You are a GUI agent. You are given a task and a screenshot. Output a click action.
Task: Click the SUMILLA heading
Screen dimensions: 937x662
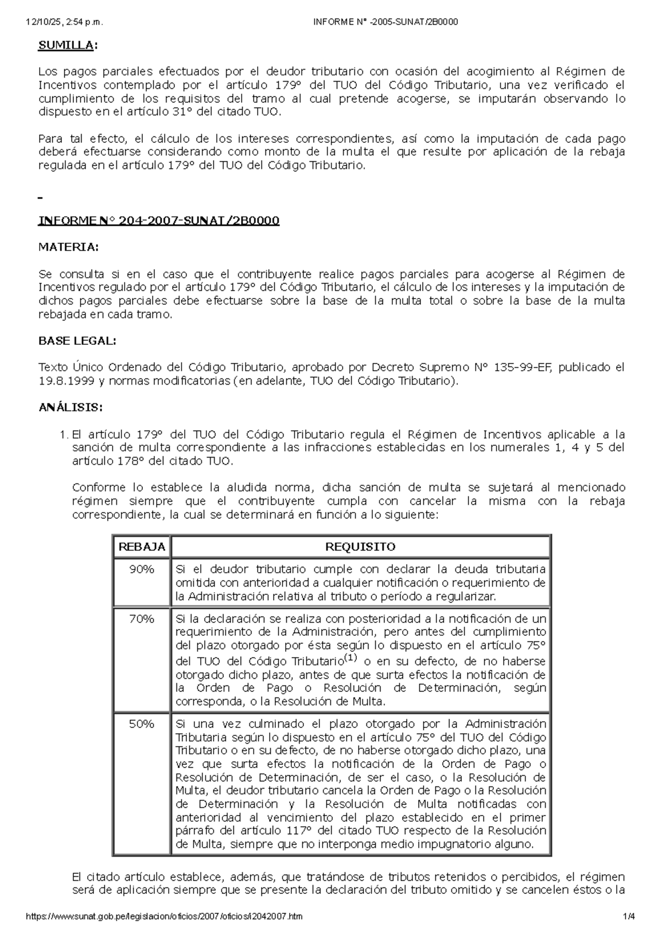click(66, 46)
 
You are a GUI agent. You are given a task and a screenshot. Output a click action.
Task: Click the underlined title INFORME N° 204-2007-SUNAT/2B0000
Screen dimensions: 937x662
click(158, 221)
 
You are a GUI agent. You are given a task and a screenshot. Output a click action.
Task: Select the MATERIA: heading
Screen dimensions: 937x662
click(68, 247)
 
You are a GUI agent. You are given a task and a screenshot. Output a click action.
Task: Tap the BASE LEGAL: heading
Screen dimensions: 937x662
click(77, 341)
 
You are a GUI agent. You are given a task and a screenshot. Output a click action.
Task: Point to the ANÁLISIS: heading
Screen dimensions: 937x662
click(70, 408)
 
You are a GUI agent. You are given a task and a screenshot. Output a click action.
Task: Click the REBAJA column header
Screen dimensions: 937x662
click(142, 547)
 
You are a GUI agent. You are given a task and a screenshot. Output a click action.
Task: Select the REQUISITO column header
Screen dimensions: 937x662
click(360, 547)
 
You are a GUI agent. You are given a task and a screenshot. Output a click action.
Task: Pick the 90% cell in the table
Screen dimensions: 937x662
click(141, 569)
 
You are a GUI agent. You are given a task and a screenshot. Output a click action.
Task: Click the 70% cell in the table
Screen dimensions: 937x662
click(141, 619)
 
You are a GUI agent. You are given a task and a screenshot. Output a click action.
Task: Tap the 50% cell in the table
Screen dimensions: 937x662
click(141, 724)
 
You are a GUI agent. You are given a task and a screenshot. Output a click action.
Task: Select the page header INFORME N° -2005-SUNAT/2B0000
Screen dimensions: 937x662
click(385, 22)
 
